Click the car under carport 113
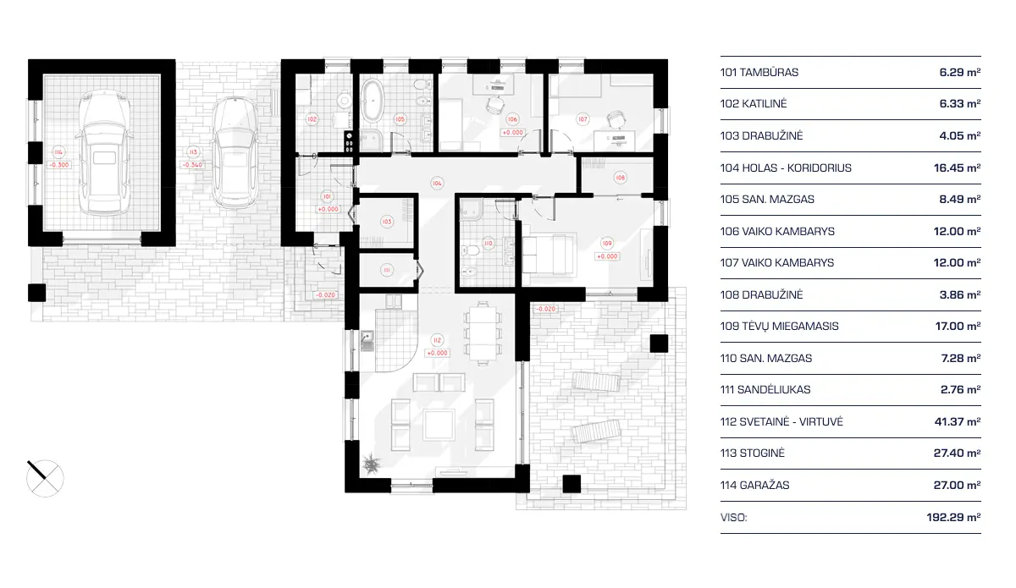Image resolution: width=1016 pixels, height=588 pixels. [234, 153]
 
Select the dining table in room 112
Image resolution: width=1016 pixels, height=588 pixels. [481, 331]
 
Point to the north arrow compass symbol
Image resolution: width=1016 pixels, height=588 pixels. [44, 478]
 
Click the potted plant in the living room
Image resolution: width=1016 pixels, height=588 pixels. [371, 463]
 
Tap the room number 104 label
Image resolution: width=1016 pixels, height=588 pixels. [437, 183]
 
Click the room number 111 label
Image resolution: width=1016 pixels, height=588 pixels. [386, 270]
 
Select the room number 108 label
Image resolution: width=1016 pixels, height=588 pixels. [621, 178]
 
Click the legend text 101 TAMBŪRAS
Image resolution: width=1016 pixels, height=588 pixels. [759, 73]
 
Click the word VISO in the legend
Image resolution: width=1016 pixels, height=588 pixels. [733, 517]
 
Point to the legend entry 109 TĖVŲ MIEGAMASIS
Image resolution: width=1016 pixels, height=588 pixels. [776, 327]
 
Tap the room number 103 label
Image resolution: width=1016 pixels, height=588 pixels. [386, 222]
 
